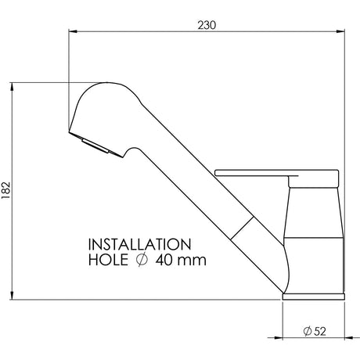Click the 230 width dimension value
[x=207, y=25]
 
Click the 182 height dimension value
[x=5, y=190]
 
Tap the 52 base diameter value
[x=320, y=331]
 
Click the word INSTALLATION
[x=140, y=244]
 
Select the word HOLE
[x=108, y=260]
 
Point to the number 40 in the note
[x=164, y=260]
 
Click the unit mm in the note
[x=192, y=261]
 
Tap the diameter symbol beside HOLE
[x=142, y=260]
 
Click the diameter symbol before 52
[x=308, y=331]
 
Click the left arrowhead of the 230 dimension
[x=73, y=31]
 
